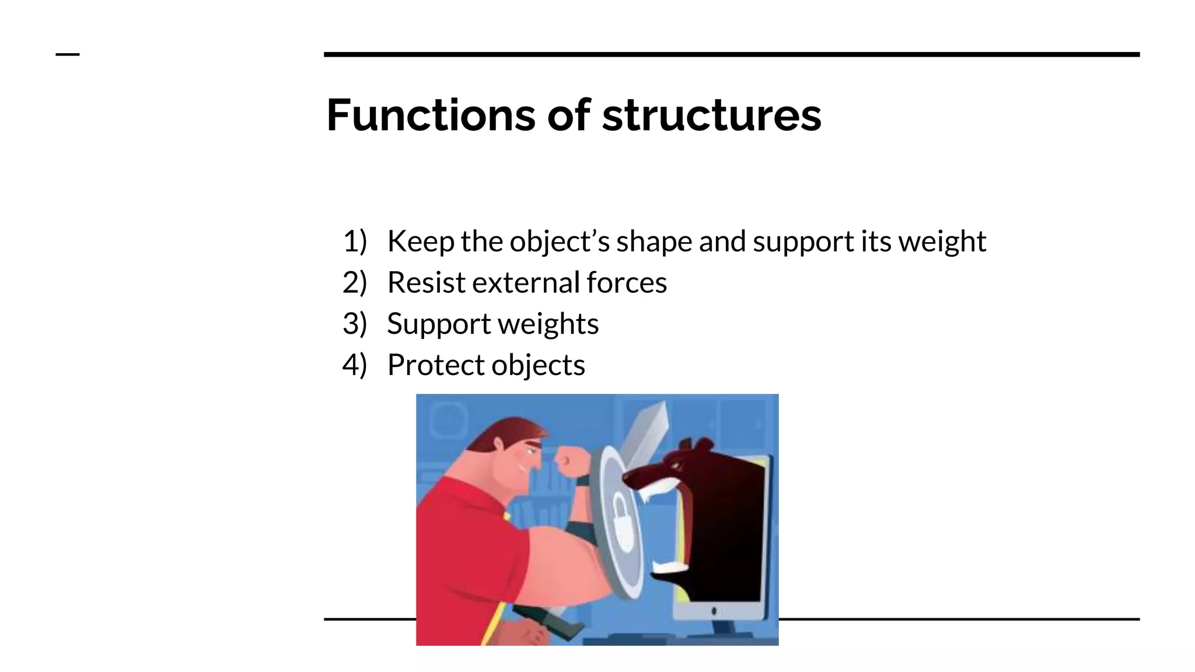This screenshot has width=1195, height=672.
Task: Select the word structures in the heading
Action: tap(711, 115)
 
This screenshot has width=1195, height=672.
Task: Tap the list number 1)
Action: tap(355, 241)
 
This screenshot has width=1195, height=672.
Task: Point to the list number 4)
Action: tap(355, 365)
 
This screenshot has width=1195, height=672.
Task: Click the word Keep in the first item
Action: tap(420, 241)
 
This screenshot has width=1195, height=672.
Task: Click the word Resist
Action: tap(426, 283)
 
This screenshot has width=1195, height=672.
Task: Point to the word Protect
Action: tap(436, 365)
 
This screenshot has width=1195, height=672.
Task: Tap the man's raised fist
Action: tap(568, 461)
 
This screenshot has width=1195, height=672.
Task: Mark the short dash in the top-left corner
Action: tap(68, 55)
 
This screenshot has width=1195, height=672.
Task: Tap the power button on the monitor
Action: tap(714, 611)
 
